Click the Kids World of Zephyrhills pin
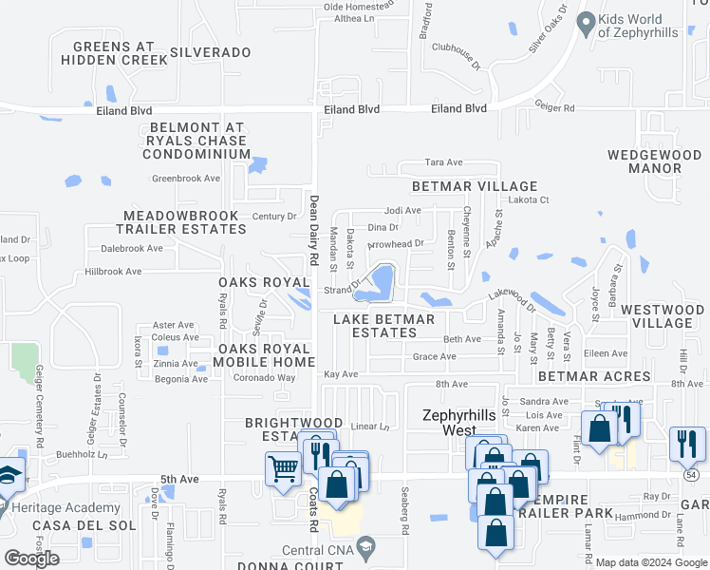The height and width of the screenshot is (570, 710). point(586,21)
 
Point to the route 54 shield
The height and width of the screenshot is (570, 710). point(690,473)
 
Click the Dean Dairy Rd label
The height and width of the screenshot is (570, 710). point(312,230)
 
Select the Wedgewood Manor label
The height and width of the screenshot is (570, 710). point(655,161)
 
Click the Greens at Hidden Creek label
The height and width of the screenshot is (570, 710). point(114,52)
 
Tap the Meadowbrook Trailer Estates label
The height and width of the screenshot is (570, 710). point(180,222)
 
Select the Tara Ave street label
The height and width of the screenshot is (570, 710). point(443,162)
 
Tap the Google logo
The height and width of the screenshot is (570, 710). point(31,559)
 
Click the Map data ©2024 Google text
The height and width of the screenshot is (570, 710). point(651,562)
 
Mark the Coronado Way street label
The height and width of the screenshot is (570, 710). point(266,378)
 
